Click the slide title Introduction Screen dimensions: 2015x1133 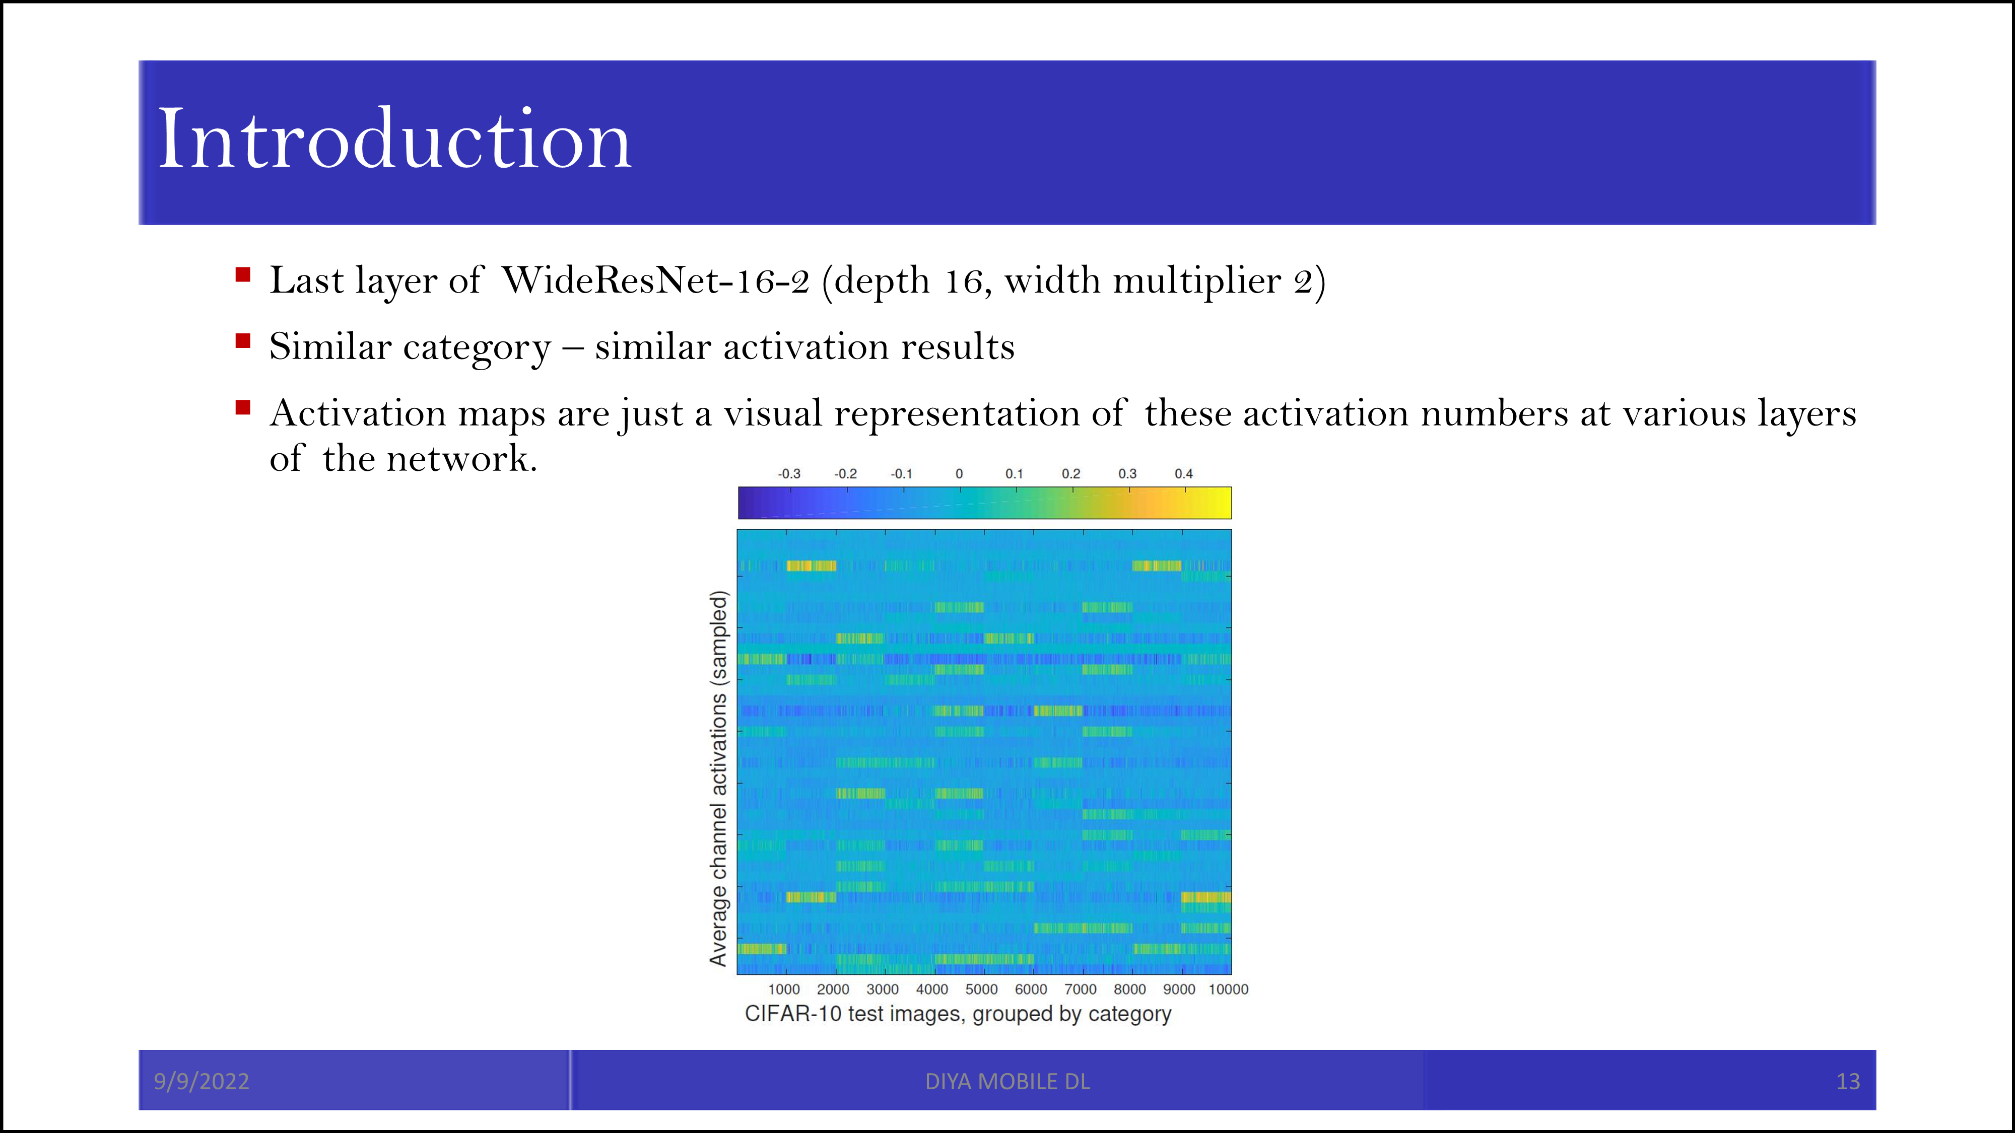coord(394,139)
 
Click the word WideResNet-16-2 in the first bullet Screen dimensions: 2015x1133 coord(655,280)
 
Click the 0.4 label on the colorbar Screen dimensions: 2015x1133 coord(1183,474)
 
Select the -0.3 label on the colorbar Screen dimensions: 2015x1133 coord(789,474)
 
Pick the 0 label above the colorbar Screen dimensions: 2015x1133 coord(959,474)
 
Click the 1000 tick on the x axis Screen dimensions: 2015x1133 coord(784,989)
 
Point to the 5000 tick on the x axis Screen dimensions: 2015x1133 coord(982,989)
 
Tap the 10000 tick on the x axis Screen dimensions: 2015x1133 coord(1228,989)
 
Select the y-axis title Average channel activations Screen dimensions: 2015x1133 coord(718,778)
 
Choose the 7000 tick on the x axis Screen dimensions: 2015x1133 coord(1080,989)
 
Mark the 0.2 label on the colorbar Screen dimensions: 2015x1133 coord(1071,474)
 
